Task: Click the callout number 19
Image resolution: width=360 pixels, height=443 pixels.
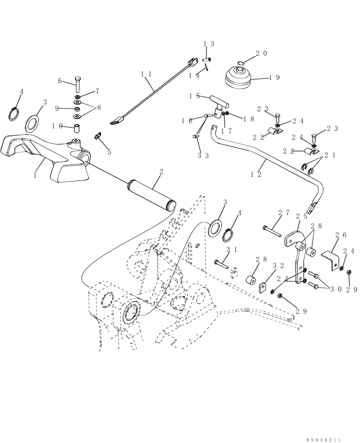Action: [274, 78]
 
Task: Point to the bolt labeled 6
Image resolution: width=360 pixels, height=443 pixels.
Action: [78, 84]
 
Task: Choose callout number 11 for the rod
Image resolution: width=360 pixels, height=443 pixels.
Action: [147, 74]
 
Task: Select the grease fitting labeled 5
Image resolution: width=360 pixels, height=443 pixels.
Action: [98, 136]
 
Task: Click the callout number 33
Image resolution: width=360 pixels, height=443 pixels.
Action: [203, 155]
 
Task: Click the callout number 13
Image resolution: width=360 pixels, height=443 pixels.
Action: [209, 44]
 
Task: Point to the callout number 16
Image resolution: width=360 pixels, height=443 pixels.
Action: [187, 120]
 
